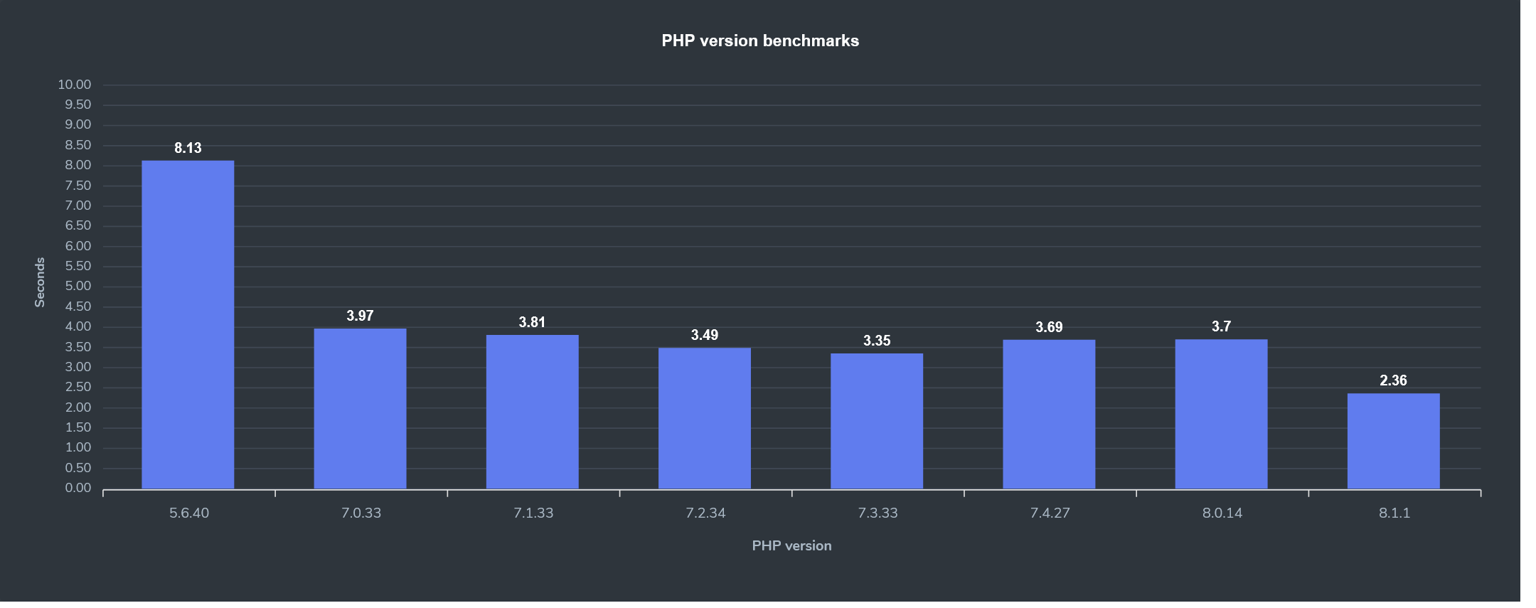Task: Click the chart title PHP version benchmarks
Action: coord(760,41)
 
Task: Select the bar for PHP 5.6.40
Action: coord(188,324)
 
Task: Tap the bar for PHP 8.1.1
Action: coord(1393,441)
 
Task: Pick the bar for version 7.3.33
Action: coord(877,421)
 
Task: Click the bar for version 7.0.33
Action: coord(360,408)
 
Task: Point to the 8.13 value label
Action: coord(188,148)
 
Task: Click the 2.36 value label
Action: coord(1393,380)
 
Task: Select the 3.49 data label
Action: coord(705,335)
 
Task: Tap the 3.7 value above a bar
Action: coord(1221,326)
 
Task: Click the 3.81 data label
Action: coord(532,322)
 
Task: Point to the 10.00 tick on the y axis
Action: coord(75,85)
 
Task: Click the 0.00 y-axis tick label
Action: coord(78,488)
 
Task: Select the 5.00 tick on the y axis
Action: coord(78,286)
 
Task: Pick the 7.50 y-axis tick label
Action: coord(78,186)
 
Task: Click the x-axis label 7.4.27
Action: coord(1050,513)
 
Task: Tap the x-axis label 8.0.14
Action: coord(1222,513)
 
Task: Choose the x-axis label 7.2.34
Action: coord(705,513)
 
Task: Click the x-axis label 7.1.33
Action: coord(533,513)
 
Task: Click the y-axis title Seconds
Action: coord(40,282)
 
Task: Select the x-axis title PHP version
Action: coord(791,545)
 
